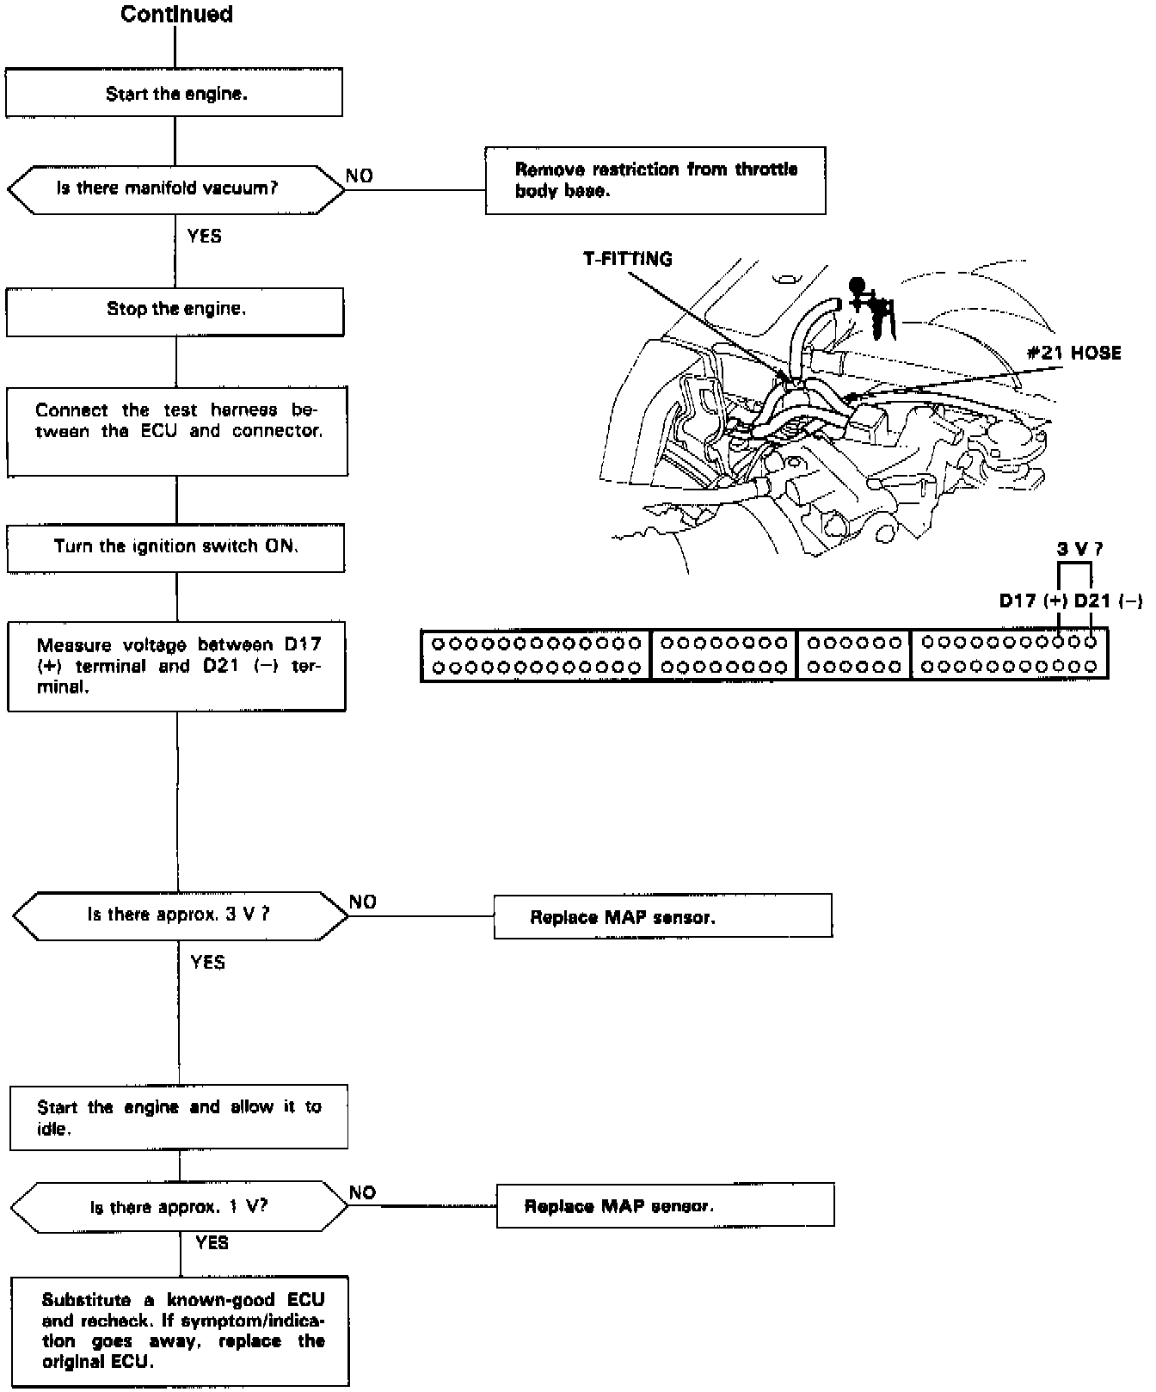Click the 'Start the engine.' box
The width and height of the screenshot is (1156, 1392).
point(175,93)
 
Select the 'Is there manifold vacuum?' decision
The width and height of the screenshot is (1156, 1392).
point(175,188)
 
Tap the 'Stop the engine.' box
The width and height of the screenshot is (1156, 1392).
point(175,310)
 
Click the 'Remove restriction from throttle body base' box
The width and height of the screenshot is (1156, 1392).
point(655,180)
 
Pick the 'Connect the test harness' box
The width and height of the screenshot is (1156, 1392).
point(177,430)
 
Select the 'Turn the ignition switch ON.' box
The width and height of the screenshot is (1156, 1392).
point(176,547)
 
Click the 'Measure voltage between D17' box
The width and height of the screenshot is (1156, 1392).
point(177,666)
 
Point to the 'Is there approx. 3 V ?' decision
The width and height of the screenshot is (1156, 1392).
point(179,915)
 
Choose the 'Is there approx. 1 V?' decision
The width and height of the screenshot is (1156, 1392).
point(180,1206)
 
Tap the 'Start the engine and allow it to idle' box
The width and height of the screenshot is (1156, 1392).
point(179,1117)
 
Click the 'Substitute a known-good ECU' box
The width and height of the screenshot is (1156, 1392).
point(181,1331)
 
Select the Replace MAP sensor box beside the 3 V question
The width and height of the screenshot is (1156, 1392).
point(662,916)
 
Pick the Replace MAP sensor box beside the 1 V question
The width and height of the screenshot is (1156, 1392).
point(665,1205)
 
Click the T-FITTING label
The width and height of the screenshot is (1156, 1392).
point(627,259)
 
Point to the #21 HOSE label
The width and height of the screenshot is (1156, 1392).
point(1074,353)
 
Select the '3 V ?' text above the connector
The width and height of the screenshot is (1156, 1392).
point(1079,548)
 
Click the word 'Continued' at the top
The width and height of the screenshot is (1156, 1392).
point(176,14)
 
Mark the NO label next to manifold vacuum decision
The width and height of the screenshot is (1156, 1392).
point(360,176)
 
